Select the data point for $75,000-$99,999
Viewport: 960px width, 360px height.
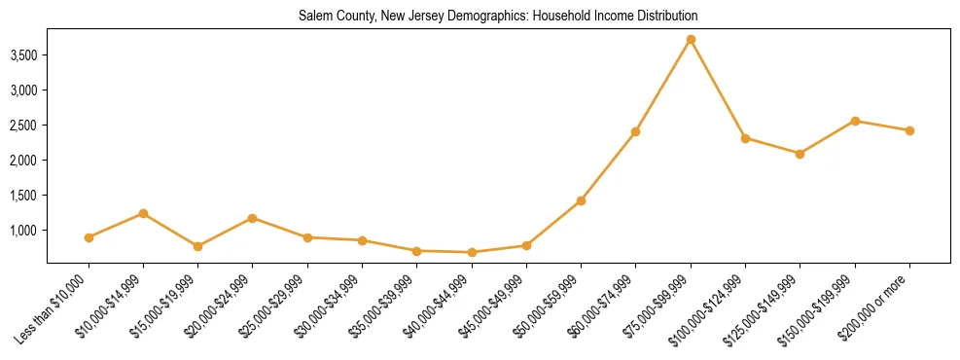pyautogui.click(x=691, y=40)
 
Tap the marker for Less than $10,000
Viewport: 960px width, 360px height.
pyautogui.click(x=89, y=237)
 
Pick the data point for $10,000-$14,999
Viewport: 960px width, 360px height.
pyautogui.click(x=143, y=213)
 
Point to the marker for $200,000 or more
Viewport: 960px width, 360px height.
pyautogui.click(x=909, y=130)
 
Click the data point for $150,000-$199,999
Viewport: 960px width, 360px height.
pyautogui.click(x=855, y=121)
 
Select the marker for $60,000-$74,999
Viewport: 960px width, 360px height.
pyautogui.click(x=635, y=131)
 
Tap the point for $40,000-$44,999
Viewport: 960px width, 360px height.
pyautogui.click(x=472, y=253)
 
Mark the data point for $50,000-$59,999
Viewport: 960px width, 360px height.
pyautogui.click(x=581, y=200)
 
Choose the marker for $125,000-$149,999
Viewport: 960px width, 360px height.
pyautogui.click(x=800, y=154)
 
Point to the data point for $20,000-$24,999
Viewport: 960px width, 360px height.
pyautogui.click(x=253, y=218)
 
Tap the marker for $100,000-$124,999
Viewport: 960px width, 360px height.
pyautogui.click(x=745, y=138)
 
